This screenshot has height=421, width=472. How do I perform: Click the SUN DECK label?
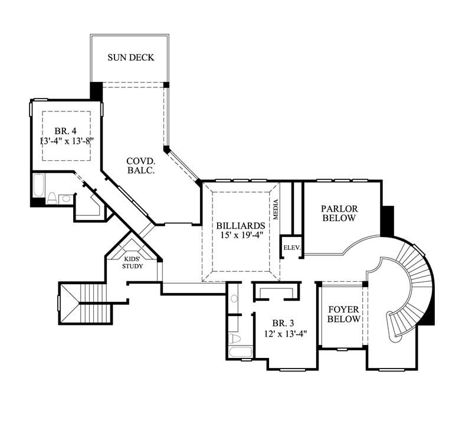pos(130,58)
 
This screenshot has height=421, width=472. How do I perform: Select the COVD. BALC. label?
pos(140,165)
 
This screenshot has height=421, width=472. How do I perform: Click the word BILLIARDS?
pos(240,225)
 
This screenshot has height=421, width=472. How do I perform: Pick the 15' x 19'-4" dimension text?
pos(240,236)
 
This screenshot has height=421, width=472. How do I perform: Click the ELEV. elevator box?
pos(291,248)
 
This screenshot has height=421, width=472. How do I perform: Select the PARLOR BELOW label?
pos(339,213)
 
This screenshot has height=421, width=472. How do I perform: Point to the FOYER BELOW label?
pos(344,314)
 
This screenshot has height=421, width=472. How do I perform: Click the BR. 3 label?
pos(282,323)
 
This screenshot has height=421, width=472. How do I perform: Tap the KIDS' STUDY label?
pos(132,262)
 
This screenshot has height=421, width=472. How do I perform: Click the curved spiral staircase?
pos(409,289)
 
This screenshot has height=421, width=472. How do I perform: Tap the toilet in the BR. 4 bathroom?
pos(52,198)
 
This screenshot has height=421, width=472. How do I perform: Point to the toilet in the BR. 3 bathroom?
pos(234,338)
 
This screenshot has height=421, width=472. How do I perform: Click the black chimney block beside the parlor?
pos(387,220)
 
